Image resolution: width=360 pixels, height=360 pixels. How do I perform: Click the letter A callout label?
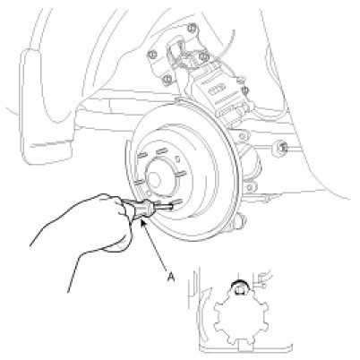click(171, 277)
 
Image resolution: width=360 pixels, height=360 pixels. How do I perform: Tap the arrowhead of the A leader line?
click(142, 222)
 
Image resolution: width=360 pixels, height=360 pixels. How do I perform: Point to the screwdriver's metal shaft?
click(164, 207)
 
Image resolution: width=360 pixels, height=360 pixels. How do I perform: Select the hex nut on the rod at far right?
click(281, 147)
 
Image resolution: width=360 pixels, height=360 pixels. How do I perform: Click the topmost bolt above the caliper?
click(193, 29)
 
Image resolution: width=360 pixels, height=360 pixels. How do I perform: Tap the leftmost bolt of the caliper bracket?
click(152, 55)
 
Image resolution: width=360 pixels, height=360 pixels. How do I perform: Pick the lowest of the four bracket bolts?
click(168, 80)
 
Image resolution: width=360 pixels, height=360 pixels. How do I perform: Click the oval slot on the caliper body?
click(217, 90)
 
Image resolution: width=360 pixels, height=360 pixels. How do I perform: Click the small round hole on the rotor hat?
click(177, 159)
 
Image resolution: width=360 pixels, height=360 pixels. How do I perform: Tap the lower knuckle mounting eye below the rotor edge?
click(250, 187)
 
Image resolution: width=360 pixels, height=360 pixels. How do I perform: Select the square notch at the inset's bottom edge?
click(245, 349)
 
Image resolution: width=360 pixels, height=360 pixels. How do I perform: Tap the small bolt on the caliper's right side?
click(245, 90)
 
